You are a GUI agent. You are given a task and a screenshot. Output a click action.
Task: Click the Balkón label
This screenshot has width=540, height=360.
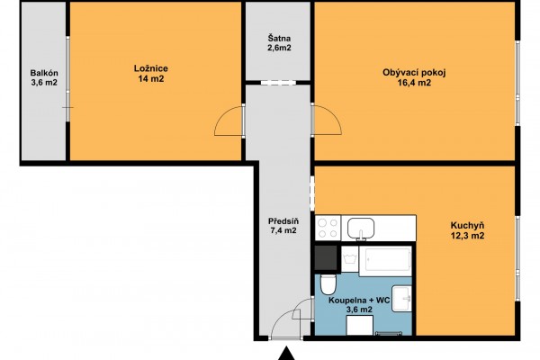coord(44,73)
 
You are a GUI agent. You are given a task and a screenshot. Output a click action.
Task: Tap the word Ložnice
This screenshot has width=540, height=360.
coord(151,68)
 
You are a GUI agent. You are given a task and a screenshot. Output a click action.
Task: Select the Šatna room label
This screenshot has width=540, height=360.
coord(279,38)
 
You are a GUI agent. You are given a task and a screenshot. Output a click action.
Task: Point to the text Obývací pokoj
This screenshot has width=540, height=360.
coord(414,73)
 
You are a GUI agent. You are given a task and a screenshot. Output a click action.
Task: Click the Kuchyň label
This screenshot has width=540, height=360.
coord(467,226)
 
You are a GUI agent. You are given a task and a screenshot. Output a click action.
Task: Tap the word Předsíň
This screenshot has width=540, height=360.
coord(283,221)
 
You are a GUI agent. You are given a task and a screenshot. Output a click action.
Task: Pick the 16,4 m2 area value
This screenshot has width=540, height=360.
coord(414,83)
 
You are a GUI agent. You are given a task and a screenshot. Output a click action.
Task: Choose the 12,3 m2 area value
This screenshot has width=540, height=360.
coord(467,236)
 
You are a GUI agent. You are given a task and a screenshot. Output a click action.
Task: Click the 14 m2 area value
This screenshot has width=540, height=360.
coord(151,78)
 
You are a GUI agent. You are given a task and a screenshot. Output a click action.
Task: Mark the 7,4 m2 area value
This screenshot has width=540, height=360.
coord(283,230)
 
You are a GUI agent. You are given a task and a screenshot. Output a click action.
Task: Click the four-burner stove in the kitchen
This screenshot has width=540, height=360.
coord(328,228)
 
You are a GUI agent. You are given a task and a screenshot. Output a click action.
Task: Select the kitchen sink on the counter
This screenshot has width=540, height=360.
coord(361,228)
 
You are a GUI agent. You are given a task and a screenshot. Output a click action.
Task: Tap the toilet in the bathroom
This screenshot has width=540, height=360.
coord(328,284)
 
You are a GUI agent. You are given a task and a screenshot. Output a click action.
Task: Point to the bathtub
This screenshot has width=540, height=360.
coord(385,261)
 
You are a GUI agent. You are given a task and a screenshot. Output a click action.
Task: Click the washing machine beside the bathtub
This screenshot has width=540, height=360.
coord(350,259)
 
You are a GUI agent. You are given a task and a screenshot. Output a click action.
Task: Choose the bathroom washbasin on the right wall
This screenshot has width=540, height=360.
coord(402,299)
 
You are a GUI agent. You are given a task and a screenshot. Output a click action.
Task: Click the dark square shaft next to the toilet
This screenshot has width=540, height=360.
coord(326,257)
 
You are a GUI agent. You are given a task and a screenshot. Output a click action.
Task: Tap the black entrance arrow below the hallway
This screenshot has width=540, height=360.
coord(286,354)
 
